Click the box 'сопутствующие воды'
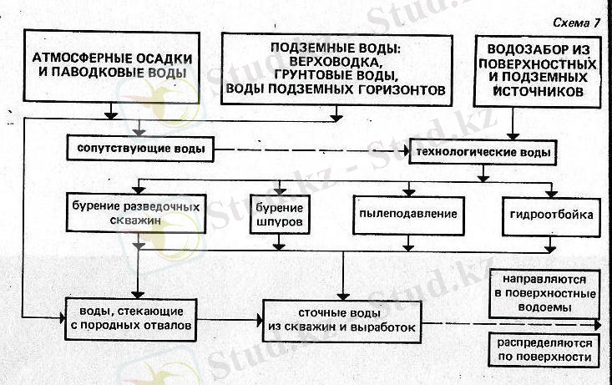(x=137, y=150)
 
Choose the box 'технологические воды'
(x=483, y=152)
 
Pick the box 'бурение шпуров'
(x=280, y=215)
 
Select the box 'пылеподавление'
(x=407, y=214)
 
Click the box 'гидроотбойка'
(x=550, y=215)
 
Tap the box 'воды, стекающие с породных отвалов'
(x=132, y=318)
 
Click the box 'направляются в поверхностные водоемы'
(x=543, y=294)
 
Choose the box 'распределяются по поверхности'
(x=543, y=351)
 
